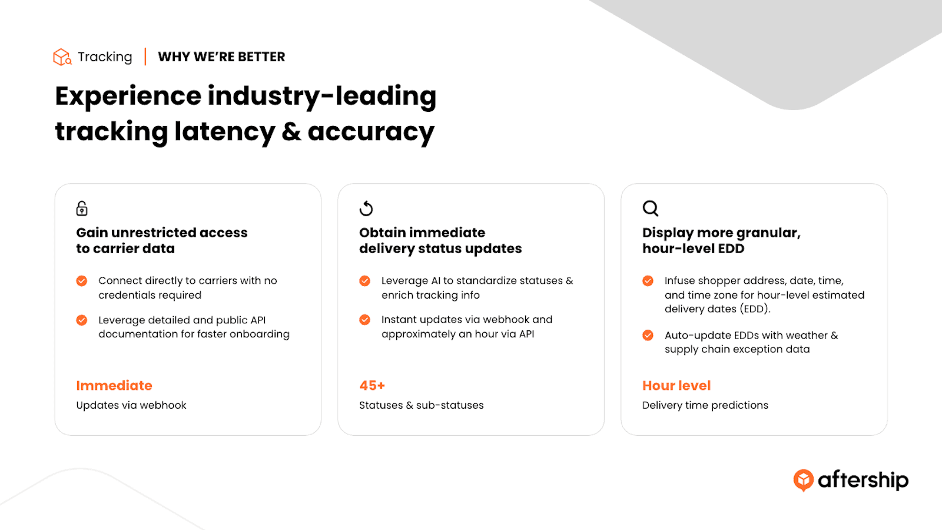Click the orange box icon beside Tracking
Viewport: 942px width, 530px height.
click(x=62, y=57)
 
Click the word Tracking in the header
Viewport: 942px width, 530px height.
click(x=105, y=57)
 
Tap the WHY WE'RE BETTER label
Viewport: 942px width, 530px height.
click(x=221, y=57)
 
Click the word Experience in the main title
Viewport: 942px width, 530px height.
click(x=128, y=97)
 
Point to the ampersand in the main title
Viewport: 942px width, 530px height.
click(x=291, y=131)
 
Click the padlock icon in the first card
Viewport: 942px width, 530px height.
click(x=82, y=208)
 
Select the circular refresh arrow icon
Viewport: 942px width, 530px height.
click(x=366, y=208)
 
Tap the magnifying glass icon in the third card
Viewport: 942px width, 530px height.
click(x=650, y=208)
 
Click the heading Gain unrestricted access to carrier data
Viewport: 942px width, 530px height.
click(x=162, y=241)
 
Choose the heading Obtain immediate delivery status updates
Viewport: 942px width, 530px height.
click(x=440, y=241)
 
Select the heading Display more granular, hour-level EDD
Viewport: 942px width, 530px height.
click(x=721, y=241)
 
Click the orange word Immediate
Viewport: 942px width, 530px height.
click(x=114, y=385)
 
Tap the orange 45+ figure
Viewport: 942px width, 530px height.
click(x=372, y=385)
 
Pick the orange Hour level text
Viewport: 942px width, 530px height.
click(x=676, y=385)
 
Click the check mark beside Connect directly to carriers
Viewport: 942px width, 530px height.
click(x=82, y=280)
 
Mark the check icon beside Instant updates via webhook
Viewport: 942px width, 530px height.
click(x=364, y=320)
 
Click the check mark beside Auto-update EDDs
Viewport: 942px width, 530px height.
click(x=648, y=335)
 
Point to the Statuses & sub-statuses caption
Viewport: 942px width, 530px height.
click(x=422, y=405)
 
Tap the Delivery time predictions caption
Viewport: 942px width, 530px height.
click(x=705, y=405)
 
